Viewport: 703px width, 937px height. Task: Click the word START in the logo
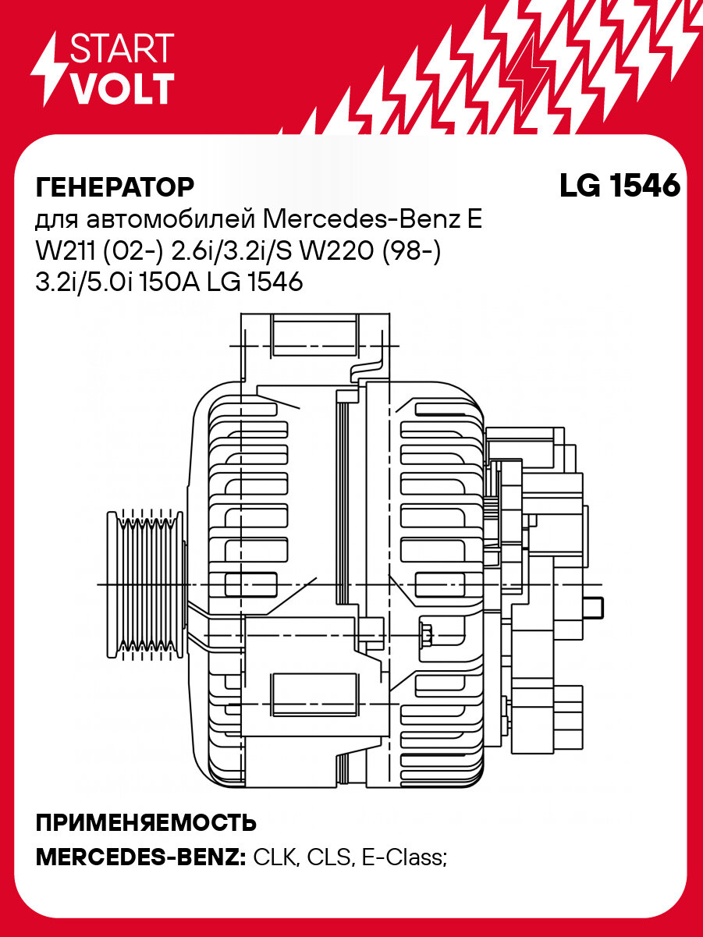coord(122,48)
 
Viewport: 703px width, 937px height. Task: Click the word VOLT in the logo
coord(122,89)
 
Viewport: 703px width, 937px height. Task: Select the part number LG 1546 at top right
coord(620,186)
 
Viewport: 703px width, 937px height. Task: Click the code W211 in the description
coord(65,251)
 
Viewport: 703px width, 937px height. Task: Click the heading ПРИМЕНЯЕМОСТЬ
coord(146,823)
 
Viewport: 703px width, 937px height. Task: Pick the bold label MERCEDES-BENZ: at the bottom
coord(141,858)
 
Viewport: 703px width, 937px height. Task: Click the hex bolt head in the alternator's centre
coord(427,633)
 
